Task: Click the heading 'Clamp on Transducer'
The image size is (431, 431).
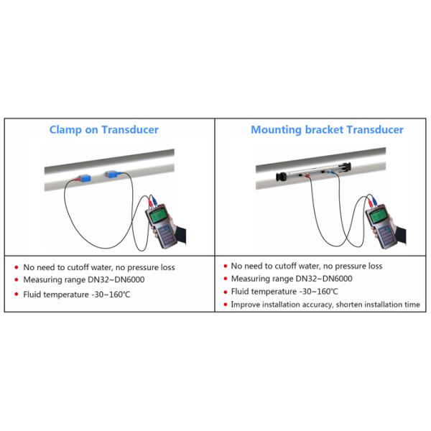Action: pos(104,130)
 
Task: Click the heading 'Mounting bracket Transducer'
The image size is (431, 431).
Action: pos(327,130)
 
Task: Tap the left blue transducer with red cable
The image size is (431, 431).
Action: pos(84,177)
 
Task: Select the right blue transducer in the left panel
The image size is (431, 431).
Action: pos(111,174)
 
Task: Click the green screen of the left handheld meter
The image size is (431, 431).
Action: pos(158,215)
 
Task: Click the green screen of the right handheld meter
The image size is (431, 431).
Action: pos(378,215)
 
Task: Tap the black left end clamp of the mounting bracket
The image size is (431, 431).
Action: pos(281,177)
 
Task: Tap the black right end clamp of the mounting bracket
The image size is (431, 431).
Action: pos(346,167)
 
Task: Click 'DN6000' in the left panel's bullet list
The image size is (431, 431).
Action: pos(129,279)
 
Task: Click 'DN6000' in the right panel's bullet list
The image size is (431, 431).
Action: pos(338,279)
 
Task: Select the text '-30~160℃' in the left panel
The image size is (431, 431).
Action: pos(111,295)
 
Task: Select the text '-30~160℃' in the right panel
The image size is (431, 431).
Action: pos(318,292)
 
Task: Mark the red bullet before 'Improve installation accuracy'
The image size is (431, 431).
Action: pos(226,305)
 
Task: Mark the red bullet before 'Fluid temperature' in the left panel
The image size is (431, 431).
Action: pos(17,295)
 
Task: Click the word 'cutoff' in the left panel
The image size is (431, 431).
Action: pos(78,267)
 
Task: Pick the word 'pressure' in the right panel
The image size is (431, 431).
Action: pos(351,267)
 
